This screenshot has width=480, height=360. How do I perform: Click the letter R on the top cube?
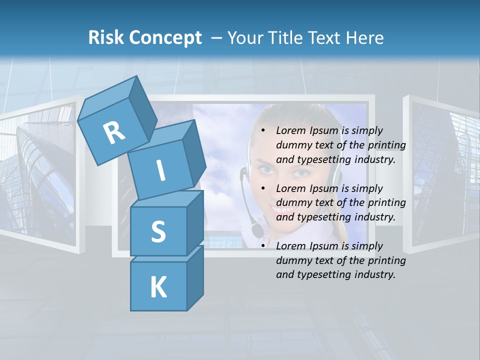[114, 133]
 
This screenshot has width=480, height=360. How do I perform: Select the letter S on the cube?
[158, 231]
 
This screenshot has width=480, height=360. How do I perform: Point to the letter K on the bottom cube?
[158, 287]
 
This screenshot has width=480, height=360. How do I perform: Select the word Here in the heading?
[364, 38]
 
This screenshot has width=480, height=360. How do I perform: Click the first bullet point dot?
[263, 130]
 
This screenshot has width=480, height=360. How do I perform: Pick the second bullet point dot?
[263, 188]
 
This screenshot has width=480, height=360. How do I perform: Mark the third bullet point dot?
[263, 246]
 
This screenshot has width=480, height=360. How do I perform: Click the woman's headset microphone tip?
[256, 230]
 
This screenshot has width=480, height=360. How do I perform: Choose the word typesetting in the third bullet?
[322, 274]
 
